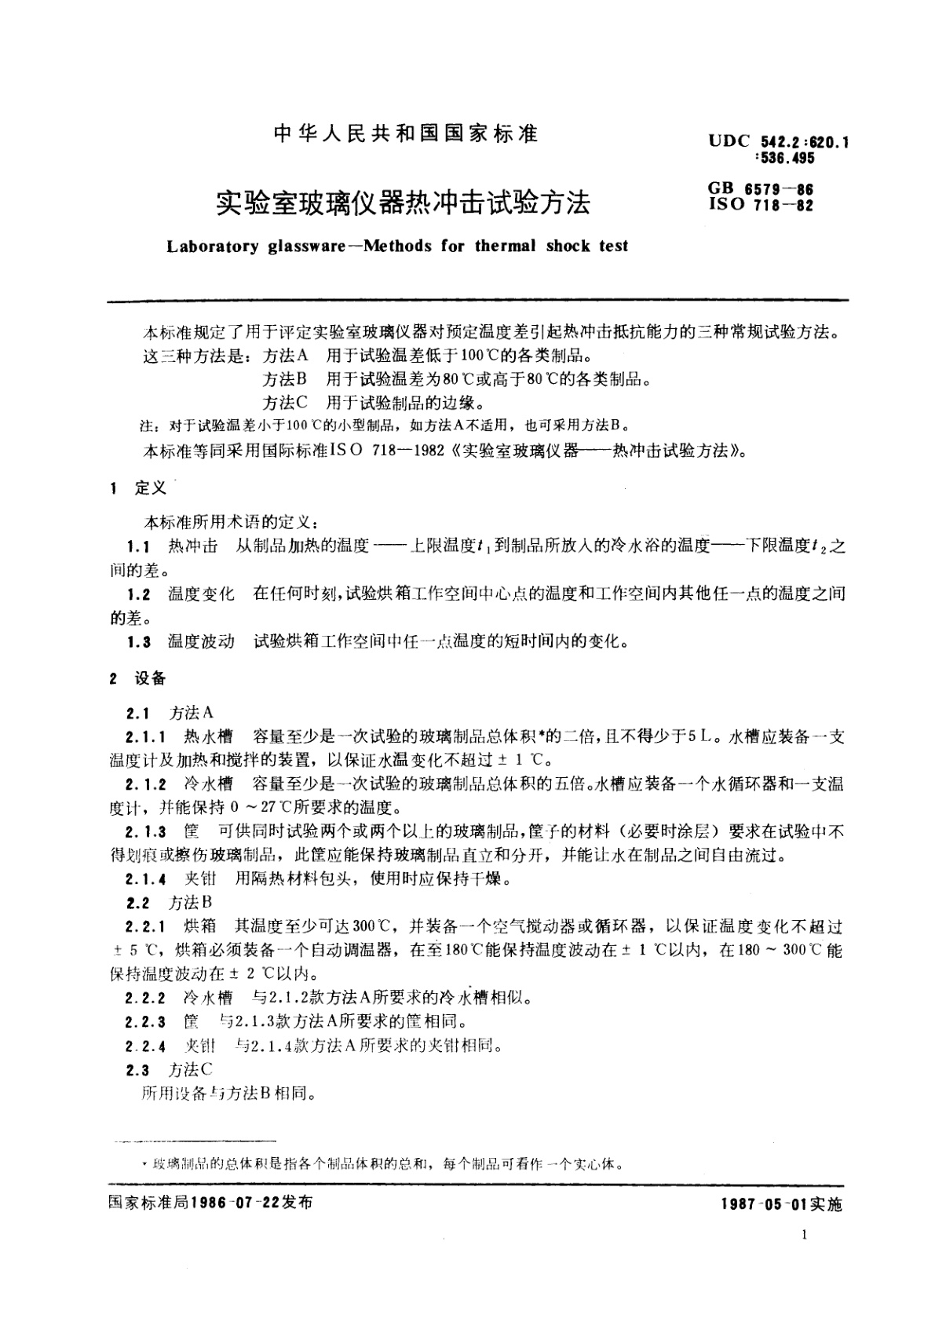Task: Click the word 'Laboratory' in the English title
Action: (x=212, y=246)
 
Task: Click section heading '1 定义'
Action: (x=139, y=488)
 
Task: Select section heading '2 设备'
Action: (x=138, y=678)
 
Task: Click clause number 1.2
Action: (x=138, y=594)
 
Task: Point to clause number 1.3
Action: (x=138, y=642)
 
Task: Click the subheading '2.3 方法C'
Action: (x=170, y=1069)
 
